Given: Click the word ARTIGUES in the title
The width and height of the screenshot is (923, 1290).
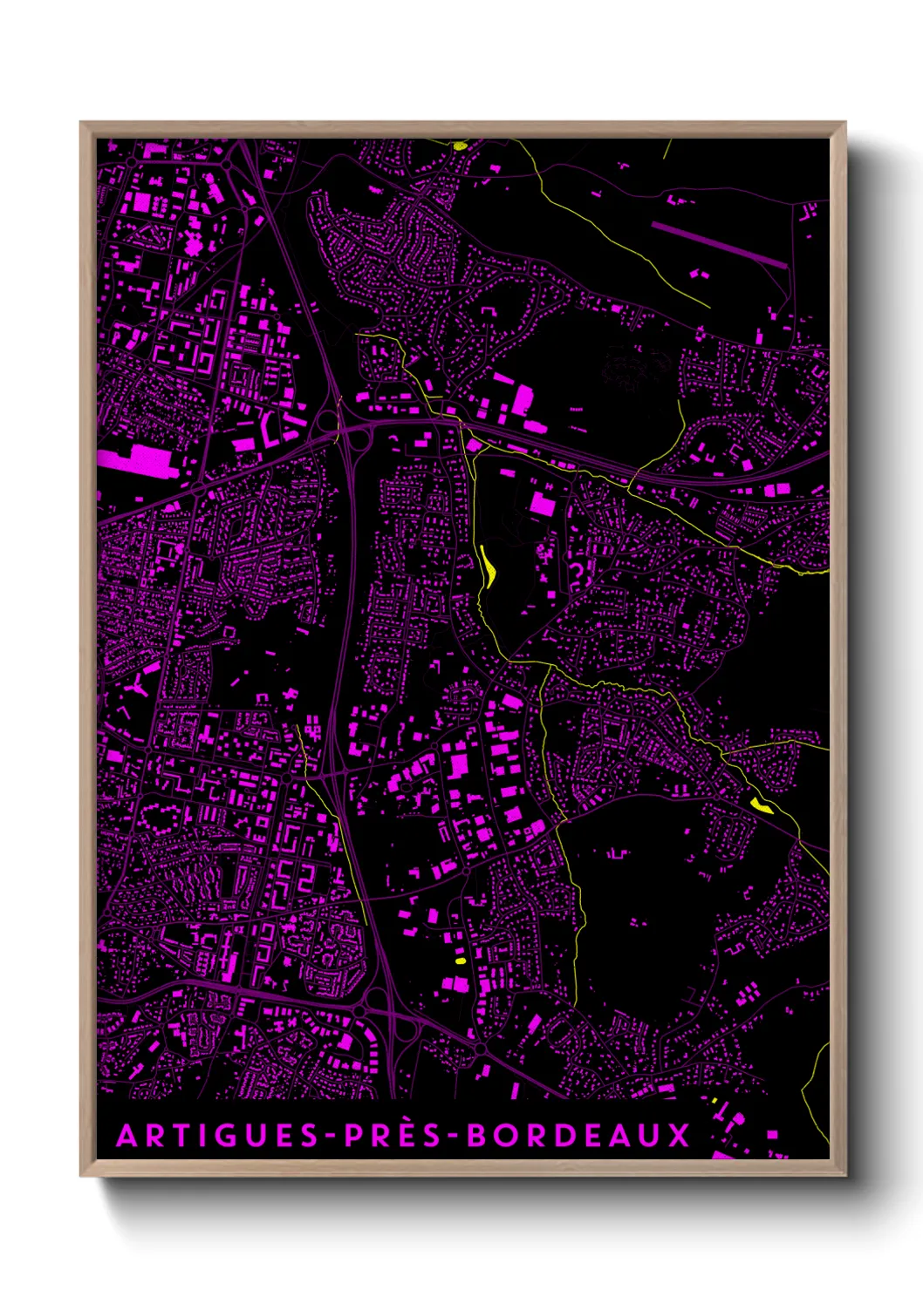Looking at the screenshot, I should pos(217,1135).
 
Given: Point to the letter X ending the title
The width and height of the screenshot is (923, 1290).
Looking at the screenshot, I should pos(679,1135).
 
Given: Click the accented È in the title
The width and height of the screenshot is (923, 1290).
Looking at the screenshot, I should pos(405,1135).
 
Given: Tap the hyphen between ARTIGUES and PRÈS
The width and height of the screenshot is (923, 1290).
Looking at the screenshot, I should pos(332,1136).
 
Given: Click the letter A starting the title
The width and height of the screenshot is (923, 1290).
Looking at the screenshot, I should pos(126,1135).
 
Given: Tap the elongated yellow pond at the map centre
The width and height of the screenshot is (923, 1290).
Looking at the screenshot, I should pos(489,567).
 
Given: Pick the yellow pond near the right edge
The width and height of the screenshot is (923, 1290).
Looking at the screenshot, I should pos(761,805).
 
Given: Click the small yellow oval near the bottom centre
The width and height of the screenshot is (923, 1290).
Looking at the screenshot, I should pos(461,961).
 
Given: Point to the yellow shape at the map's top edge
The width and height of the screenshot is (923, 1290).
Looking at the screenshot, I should pos(460,146).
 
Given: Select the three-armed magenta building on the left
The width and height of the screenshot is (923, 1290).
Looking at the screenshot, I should pos(137,688).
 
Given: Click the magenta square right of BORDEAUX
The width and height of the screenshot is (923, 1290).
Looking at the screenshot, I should pos(771,1135).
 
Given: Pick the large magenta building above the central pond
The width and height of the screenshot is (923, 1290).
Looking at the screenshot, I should pos(542,504).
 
